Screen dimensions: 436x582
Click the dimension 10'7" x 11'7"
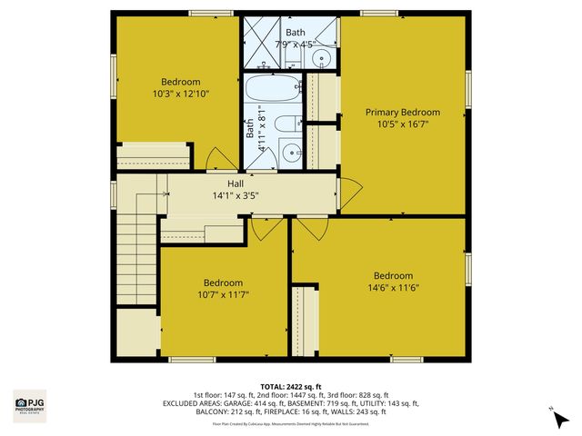(x=223, y=294)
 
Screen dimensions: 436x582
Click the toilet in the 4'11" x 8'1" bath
(x=286, y=126)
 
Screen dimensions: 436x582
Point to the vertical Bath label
(x=249, y=129)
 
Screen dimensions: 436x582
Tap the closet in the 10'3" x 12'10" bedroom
(x=154, y=155)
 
